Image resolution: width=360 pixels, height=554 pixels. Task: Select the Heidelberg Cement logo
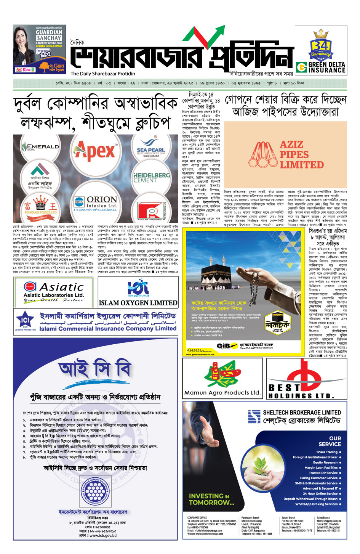click(151, 178)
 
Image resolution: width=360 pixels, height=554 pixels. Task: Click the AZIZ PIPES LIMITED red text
click(301, 155)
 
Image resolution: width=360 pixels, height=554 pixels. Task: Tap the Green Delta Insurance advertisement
click(321, 50)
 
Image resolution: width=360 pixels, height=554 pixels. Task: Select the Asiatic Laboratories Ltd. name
click(54, 295)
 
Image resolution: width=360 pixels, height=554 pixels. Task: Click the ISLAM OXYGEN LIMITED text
click(138, 303)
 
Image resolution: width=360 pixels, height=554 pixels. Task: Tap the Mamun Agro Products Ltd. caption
click(222, 392)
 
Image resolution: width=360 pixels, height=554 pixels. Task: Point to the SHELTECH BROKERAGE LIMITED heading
click(302, 413)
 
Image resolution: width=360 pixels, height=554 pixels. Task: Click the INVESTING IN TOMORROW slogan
click(211, 499)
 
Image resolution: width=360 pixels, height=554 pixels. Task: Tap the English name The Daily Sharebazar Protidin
click(103, 74)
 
